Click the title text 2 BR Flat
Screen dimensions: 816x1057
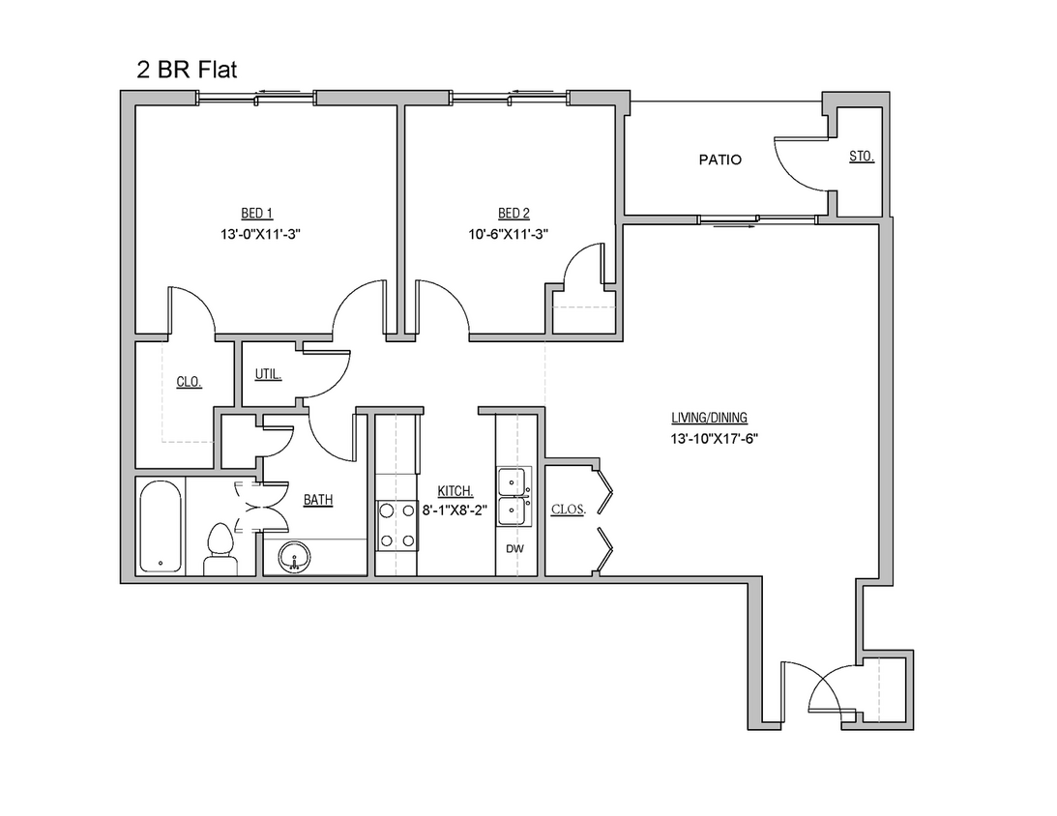point(186,70)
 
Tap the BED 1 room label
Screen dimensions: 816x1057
point(257,214)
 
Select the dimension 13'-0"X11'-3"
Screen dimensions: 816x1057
point(257,234)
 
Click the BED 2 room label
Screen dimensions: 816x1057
point(514,214)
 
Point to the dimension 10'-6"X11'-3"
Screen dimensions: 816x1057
point(514,234)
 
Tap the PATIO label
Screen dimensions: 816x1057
point(720,160)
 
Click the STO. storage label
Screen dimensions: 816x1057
point(862,156)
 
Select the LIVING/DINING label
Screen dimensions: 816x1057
point(710,419)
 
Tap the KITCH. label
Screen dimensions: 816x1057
point(455,491)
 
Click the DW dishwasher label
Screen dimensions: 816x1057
point(514,548)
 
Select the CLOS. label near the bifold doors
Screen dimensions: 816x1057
point(568,509)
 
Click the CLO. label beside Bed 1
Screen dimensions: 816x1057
point(189,382)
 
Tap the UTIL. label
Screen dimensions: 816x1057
point(268,374)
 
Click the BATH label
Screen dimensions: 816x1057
point(319,500)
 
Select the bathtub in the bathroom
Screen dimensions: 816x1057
point(160,527)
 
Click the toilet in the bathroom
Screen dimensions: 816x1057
point(221,550)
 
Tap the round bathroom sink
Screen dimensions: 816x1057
point(294,557)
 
